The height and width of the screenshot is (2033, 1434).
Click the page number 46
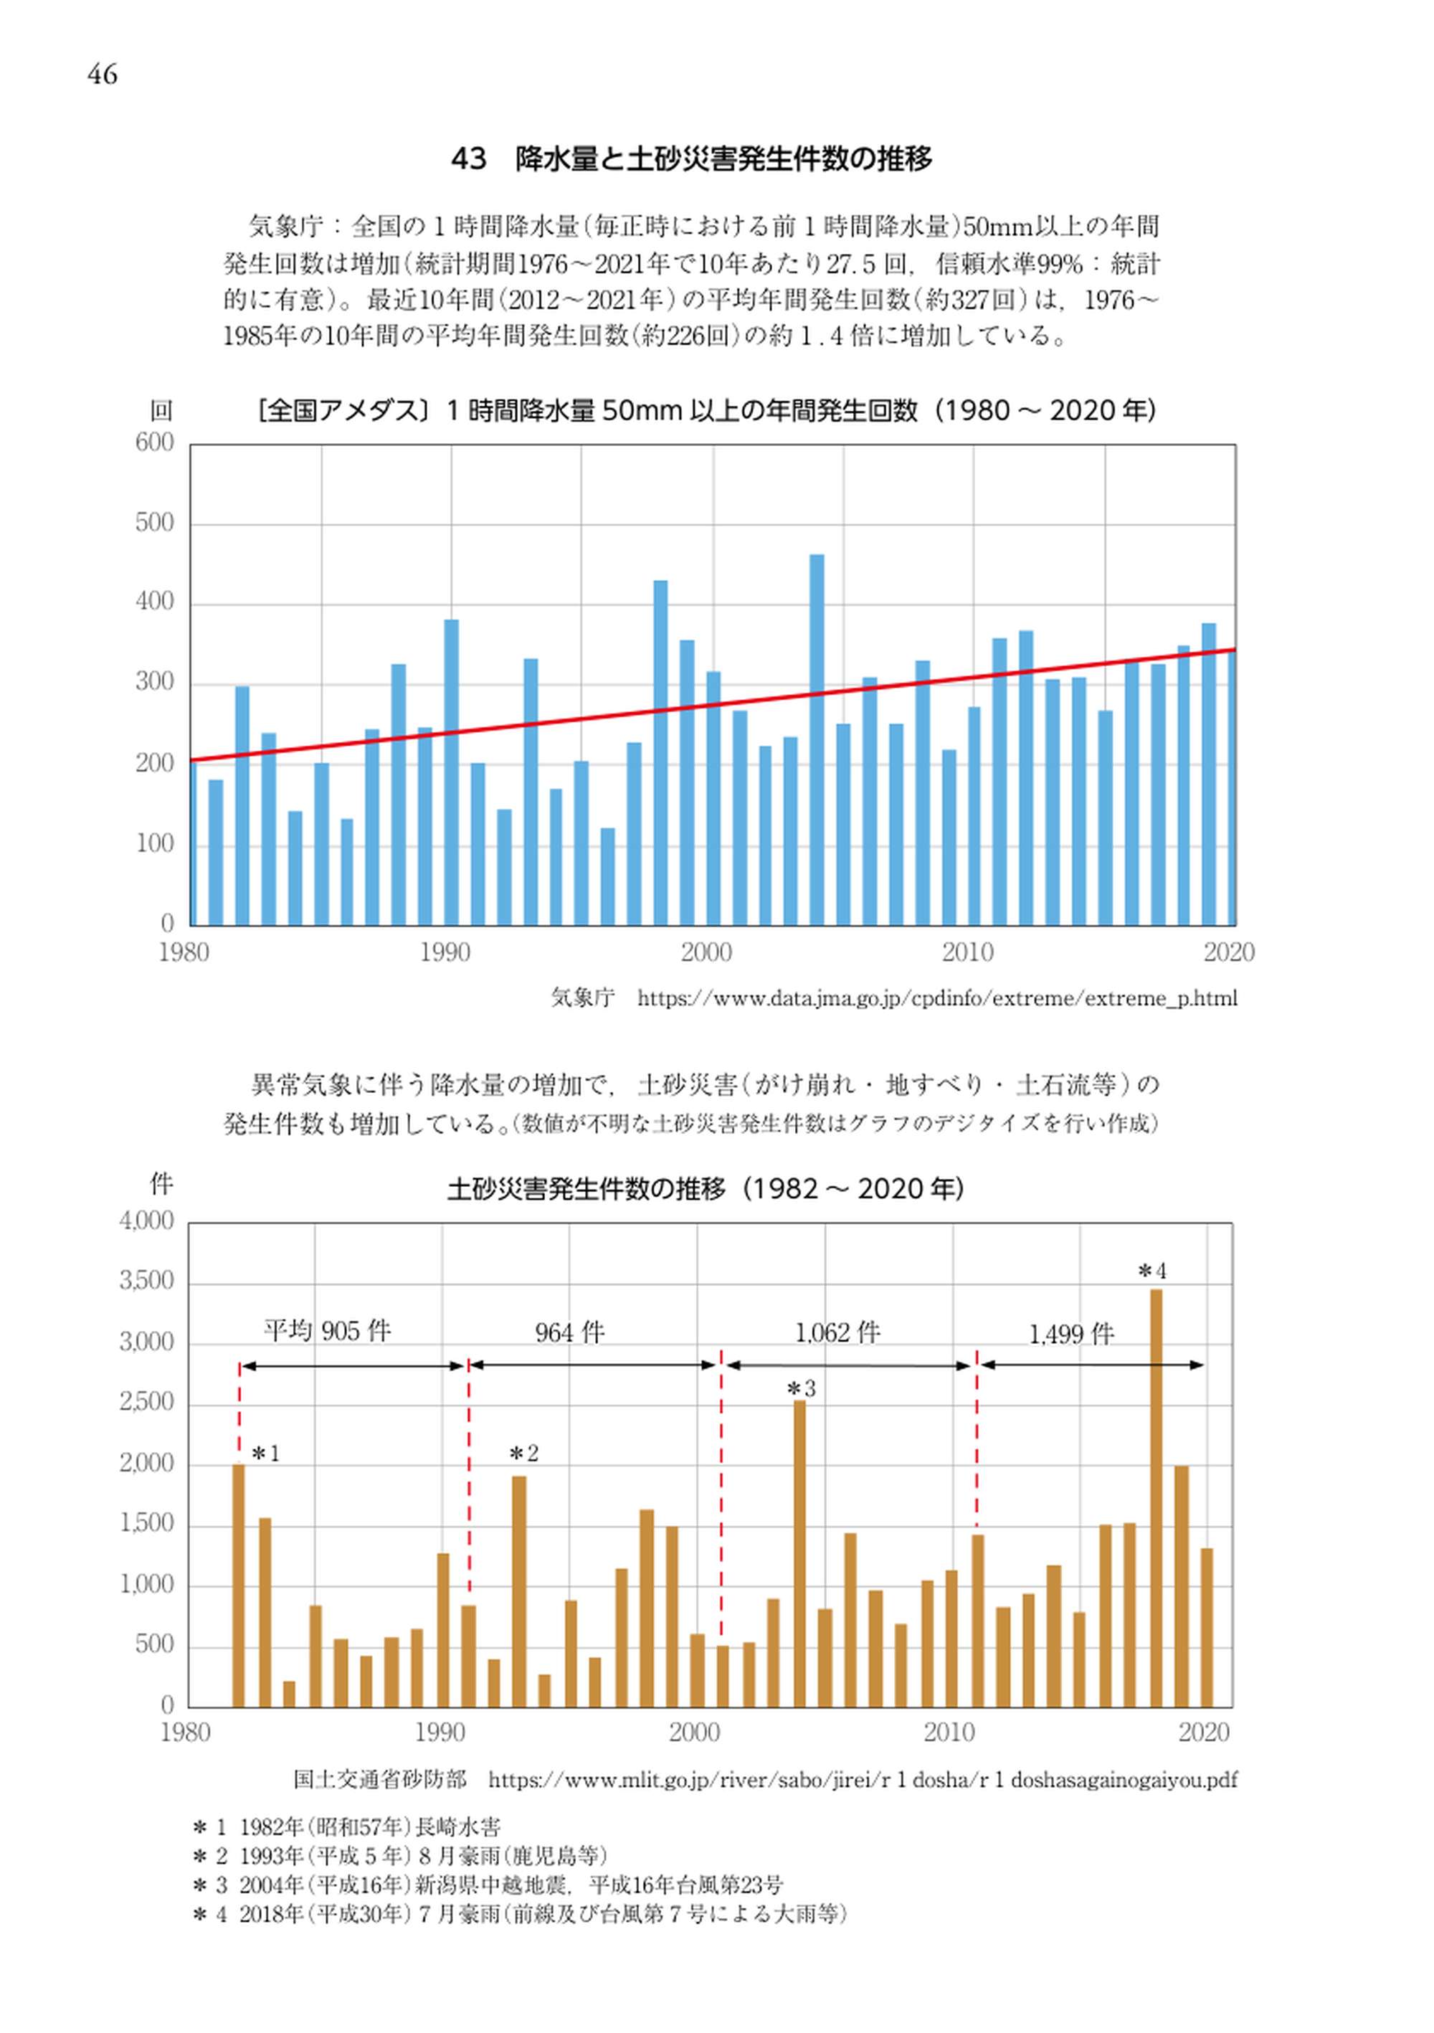point(102,75)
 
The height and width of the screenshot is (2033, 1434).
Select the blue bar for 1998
point(660,753)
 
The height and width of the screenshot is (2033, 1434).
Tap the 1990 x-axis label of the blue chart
point(445,953)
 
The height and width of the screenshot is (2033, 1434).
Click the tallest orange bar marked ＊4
point(1155,1497)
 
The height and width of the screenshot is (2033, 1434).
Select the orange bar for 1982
point(238,1585)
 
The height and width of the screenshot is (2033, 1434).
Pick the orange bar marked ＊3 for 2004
point(799,1553)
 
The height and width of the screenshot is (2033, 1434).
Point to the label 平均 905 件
point(327,1331)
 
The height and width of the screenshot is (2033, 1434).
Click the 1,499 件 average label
point(1071,1335)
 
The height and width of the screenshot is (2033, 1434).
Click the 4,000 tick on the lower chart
point(147,1222)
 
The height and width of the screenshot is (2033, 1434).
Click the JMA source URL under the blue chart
point(936,999)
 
